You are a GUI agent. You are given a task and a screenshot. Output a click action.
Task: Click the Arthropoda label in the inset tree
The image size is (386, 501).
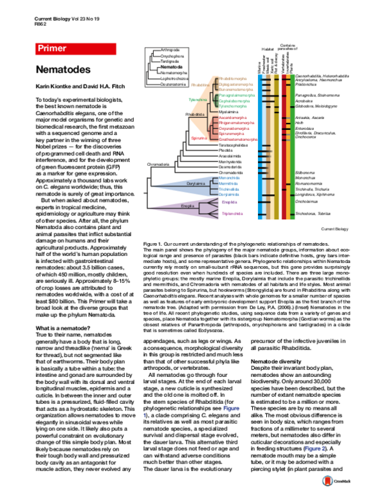click(170, 50)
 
